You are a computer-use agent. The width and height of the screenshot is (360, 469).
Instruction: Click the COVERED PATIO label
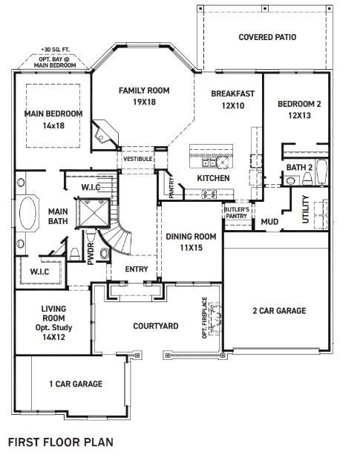pos(267,37)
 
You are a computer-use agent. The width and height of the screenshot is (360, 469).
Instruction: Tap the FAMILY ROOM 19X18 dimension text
pos(144,102)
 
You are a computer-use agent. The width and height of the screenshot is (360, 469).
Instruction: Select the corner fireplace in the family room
pos(105,135)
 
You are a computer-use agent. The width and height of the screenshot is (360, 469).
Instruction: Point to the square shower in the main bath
pos(94,213)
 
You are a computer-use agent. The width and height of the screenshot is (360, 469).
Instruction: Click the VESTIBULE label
pos(137,159)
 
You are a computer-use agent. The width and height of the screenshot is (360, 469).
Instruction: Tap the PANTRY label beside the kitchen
pos(171,188)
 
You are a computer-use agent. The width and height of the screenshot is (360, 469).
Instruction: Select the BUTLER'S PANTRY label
pos(236,213)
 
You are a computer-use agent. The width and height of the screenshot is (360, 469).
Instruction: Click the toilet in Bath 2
pos(307,179)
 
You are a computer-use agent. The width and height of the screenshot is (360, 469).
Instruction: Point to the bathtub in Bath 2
pos(321,172)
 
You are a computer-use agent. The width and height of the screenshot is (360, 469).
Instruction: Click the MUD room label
pos(269,222)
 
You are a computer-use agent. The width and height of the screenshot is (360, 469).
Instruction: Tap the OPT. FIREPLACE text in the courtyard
pos(205,318)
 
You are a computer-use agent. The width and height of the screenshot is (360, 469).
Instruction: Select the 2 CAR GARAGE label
pos(279,311)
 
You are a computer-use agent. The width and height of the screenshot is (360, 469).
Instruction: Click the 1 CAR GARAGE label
pos(76,384)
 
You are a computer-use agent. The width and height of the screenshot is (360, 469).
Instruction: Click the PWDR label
pos(91,254)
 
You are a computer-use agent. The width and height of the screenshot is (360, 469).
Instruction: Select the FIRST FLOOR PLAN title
pos(61,442)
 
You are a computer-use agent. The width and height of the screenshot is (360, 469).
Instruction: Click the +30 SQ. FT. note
pos(56,50)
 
